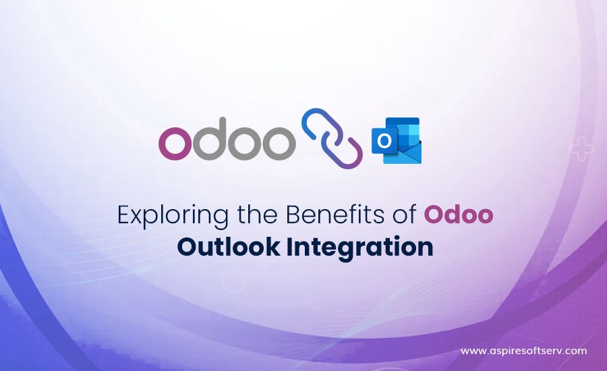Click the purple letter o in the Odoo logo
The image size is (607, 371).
click(x=175, y=143)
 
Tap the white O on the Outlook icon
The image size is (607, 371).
click(x=384, y=141)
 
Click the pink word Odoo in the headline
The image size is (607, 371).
click(x=459, y=215)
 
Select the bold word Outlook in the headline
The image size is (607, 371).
click(x=229, y=247)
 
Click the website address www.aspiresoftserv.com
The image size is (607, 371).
click(x=524, y=351)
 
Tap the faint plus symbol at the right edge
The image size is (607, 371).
click(x=582, y=148)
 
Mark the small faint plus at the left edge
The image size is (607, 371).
click(x=41, y=131)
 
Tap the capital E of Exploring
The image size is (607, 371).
click(x=123, y=215)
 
